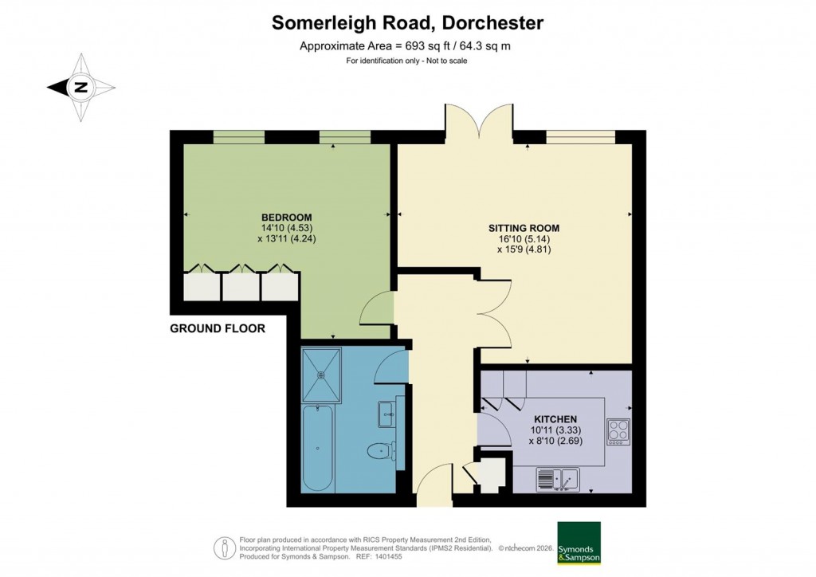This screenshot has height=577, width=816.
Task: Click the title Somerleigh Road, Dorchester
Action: (x=408, y=22)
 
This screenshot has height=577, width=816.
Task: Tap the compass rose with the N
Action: (x=80, y=88)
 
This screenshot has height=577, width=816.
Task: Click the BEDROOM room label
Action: (x=287, y=218)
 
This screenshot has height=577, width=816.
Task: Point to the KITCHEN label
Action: (x=555, y=419)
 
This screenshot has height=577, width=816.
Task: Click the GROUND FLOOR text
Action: (x=217, y=328)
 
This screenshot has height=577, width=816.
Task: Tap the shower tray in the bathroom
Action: (x=322, y=372)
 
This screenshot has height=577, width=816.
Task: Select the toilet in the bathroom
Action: (x=380, y=452)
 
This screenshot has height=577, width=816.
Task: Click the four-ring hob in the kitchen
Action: (x=618, y=430)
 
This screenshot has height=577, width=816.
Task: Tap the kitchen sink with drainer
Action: (x=559, y=479)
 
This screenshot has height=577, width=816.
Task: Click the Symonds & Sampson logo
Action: (x=579, y=543)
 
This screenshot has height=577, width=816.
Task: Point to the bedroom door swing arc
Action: (x=377, y=308)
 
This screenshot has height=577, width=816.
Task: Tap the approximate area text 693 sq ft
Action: (x=405, y=46)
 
